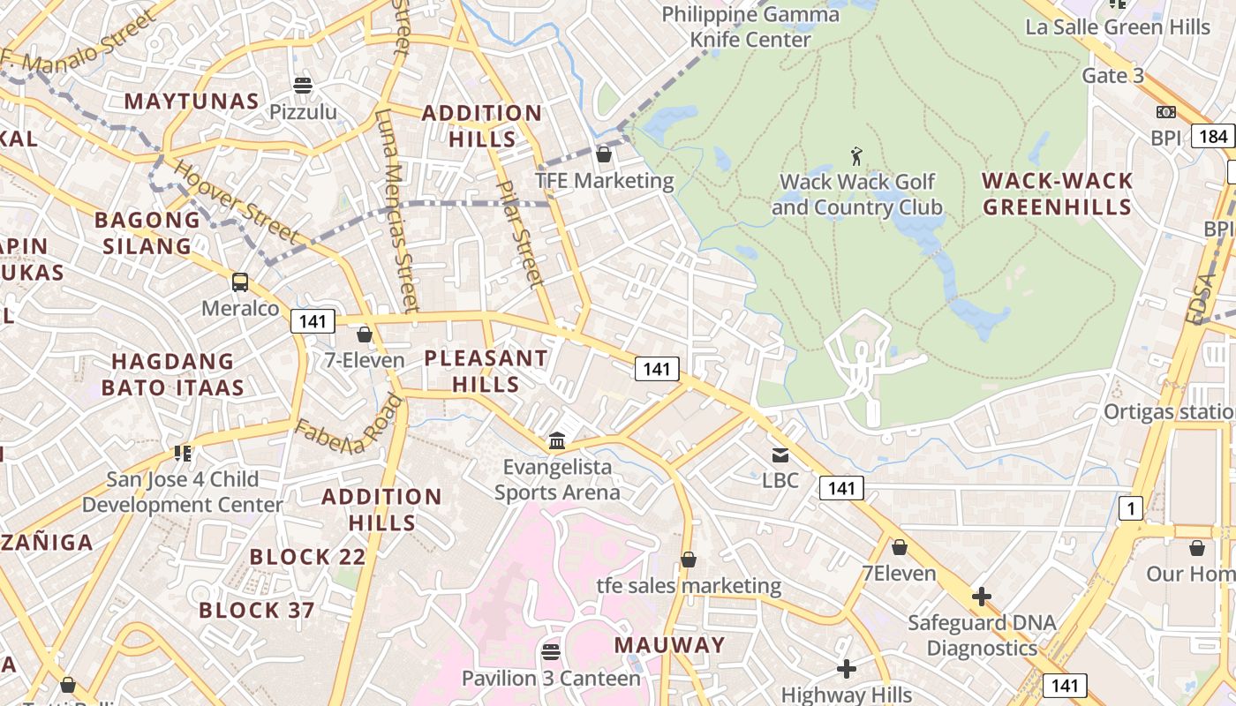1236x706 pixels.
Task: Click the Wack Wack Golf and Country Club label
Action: (856, 195)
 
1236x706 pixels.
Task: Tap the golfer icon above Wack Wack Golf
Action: (855, 157)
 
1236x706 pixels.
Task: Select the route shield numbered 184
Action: (1212, 136)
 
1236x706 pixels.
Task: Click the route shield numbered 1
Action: (1130, 508)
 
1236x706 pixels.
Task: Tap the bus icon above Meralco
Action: (240, 282)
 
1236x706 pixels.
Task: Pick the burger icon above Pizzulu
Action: (303, 86)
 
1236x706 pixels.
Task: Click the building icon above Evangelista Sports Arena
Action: (557, 440)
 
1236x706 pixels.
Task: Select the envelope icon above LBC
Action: (780, 455)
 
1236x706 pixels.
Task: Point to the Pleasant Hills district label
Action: (486, 372)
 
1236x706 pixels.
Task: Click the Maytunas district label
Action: (192, 101)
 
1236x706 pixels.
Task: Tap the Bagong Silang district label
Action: (147, 233)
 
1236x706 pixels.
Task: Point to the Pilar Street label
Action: (519, 235)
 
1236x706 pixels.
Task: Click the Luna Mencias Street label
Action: (395, 211)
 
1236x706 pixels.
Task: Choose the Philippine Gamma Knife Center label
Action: (750, 27)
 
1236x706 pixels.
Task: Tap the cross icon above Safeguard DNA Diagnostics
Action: (981, 597)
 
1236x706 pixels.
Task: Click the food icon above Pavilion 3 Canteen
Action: (551, 652)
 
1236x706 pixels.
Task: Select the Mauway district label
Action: (669, 645)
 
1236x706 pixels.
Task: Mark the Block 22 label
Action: (307, 557)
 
